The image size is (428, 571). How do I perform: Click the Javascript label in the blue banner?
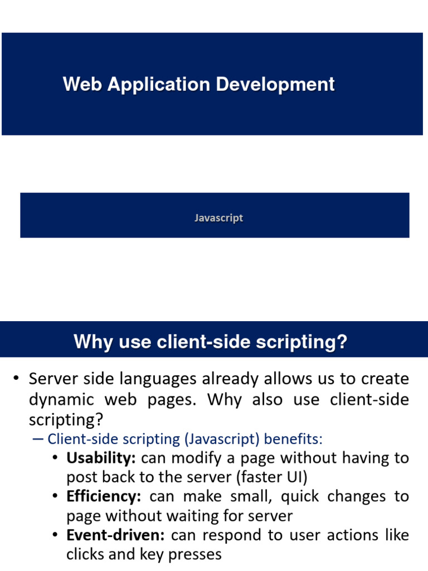[218, 218]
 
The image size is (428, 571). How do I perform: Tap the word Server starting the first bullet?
[54, 379]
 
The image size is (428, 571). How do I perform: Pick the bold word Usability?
[101, 458]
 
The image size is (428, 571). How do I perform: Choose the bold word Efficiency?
[104, 496]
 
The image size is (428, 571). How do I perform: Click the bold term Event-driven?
[115, 535]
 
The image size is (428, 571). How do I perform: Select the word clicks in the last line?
[84, 554]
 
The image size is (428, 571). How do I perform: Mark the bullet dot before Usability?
[55, 458]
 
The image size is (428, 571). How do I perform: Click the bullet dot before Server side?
[17, 379]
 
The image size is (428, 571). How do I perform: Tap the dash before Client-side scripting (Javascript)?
[38, 439]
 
